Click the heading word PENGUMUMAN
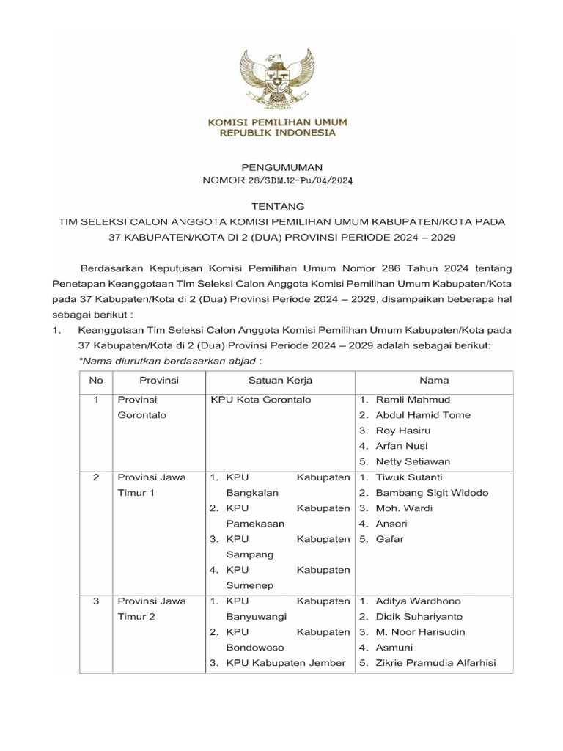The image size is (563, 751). coord(282,168)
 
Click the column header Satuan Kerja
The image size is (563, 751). coord(281,381)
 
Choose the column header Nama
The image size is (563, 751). coord(434,381)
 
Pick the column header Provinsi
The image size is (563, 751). coord(158,381)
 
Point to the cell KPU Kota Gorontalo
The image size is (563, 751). coord(260,400)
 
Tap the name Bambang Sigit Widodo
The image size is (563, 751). coord(432,493)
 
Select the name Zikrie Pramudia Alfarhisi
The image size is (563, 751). coord(435,663)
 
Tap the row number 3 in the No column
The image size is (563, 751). coord(96,601)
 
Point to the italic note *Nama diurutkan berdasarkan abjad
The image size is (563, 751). coord(169,361)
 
